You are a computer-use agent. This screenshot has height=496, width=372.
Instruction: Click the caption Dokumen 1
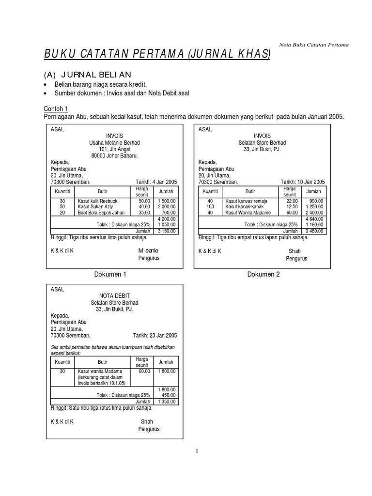point(110,274)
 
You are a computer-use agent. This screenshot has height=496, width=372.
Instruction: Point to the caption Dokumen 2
point(263,274)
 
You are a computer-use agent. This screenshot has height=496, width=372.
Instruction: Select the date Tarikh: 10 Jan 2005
point(303,182)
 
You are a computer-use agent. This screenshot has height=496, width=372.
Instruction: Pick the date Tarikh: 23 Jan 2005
point(155,335)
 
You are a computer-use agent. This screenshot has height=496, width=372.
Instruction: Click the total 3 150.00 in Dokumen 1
point(167,231)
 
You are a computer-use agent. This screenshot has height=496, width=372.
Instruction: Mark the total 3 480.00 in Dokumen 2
point(314,231)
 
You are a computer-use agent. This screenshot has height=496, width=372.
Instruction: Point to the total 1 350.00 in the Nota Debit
point(167,402)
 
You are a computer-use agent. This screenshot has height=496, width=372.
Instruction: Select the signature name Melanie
point(148,250)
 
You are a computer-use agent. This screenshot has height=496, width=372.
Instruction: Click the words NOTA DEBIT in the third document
point(114,296)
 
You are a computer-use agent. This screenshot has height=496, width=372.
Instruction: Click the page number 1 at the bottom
point(197,451)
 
